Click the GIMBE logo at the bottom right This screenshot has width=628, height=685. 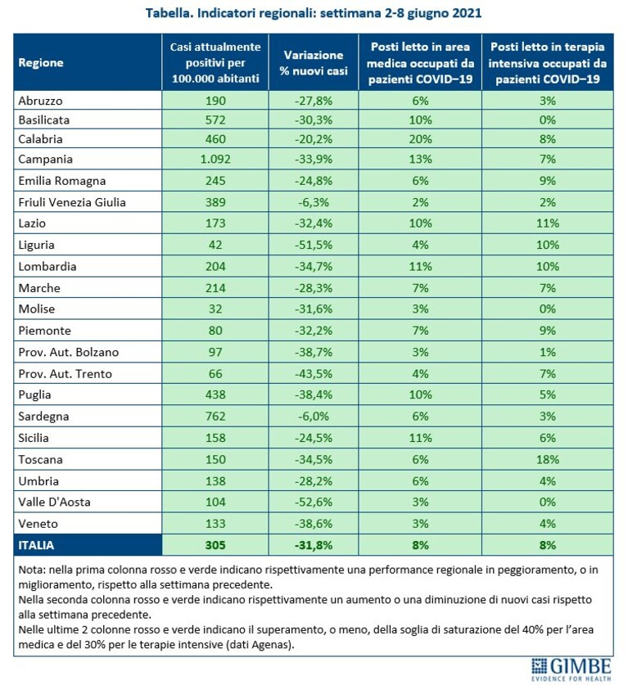[572, 669]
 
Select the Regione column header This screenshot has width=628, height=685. [41, 63]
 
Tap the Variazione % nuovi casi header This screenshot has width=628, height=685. [314, 63]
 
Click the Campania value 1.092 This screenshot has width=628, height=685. [215, 159]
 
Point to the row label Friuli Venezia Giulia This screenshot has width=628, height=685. [72, 202]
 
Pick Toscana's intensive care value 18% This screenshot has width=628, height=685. [548, 459]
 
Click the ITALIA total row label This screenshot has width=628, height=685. [36, 545]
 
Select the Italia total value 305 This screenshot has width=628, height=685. [215, 545]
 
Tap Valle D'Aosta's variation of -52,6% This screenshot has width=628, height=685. [314, 502]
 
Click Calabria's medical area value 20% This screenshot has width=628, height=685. [420, 139]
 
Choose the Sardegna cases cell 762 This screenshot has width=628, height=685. [215, 416]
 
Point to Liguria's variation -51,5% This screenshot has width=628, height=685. [314, 245]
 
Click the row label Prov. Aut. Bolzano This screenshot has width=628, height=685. [69, 352]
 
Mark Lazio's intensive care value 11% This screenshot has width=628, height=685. [548, 223]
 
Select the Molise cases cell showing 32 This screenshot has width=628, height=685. [215, 309]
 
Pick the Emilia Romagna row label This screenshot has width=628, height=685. [62, 181]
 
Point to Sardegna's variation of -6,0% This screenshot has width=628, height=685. [314, 416]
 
